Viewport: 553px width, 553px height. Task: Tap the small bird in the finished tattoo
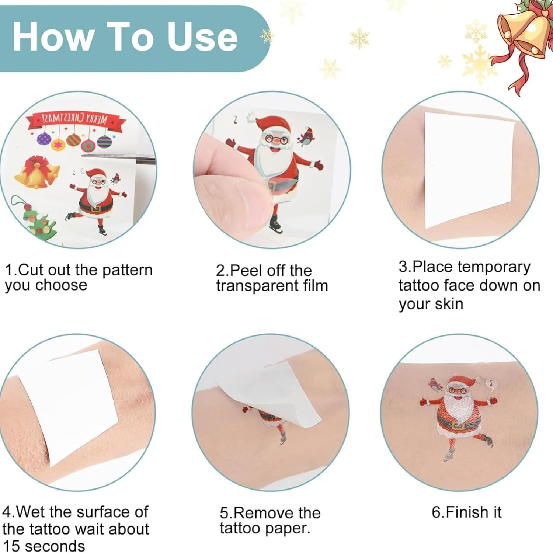point(435,385)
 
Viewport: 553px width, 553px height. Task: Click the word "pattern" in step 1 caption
point(127,270)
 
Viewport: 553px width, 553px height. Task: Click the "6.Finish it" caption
point(466,512)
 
